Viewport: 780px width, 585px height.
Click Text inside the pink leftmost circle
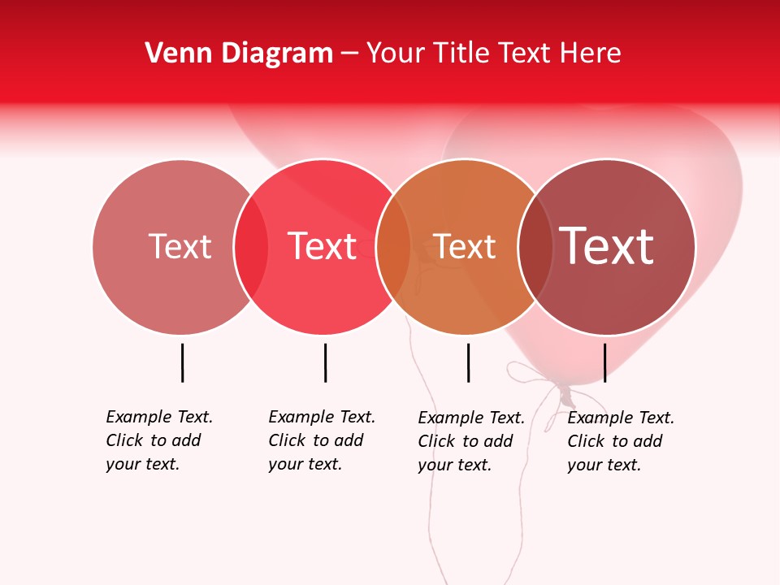point(180,246)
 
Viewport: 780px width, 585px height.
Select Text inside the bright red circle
point(323,246)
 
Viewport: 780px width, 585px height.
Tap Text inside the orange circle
point(464,246)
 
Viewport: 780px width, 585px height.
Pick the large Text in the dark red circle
point(607,246)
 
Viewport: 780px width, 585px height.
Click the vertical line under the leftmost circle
point(182,362)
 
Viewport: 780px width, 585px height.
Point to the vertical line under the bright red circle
point(325,362)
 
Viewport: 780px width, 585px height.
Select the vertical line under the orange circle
point(468,362)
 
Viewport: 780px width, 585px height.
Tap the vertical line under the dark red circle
point(604,362)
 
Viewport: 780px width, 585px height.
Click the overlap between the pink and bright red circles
point(251,247)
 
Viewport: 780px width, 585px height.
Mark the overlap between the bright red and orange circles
point(394,247)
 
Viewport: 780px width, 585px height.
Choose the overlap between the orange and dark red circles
point(535,247)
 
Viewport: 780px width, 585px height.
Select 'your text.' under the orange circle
point(454,465)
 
